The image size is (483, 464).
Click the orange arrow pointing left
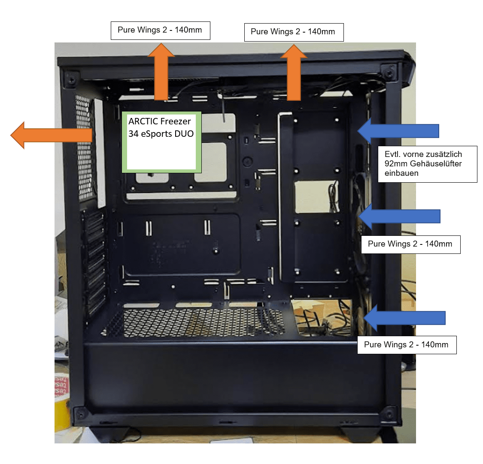(52, 135)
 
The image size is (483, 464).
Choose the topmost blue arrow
(398, 131)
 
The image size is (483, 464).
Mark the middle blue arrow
(399, 216)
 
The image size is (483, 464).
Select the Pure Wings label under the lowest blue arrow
(407, 345)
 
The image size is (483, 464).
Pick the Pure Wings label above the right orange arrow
(294, 32)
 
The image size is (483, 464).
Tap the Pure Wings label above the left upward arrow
(160, 30)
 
